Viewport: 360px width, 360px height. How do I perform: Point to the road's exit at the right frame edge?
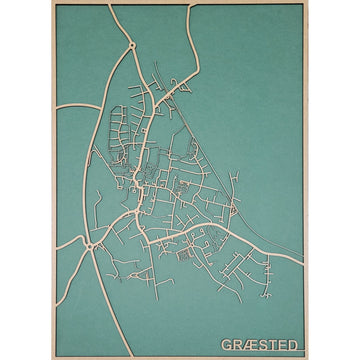(x=303, y=262)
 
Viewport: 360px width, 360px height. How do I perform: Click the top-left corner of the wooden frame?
(x=56, y=4)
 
